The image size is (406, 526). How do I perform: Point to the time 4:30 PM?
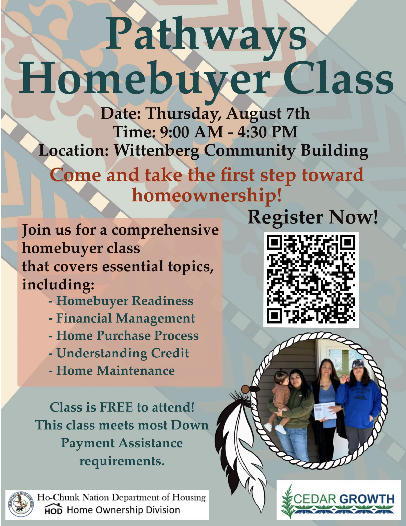coord(267,132)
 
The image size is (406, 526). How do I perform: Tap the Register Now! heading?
coord(313,217)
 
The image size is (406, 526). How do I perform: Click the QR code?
coord(311,280)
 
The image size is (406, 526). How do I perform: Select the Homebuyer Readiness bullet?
coord(121,301)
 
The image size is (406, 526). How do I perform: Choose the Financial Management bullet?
coord(122,318)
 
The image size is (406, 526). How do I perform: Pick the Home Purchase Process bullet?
coord(124,335)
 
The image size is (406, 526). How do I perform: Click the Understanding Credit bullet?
coord(119,353)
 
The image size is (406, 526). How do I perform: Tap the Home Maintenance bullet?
coord(112,370)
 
